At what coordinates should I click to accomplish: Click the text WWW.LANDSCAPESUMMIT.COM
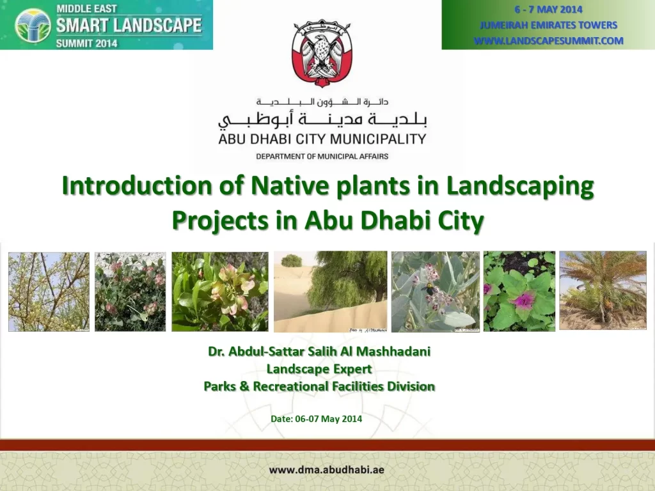tap(548, 41)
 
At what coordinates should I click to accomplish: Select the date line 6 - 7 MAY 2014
tap(548, 9)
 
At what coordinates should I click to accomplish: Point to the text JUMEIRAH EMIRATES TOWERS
tap(548, 25)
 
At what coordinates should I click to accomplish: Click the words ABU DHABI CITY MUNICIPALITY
tap(322, 139)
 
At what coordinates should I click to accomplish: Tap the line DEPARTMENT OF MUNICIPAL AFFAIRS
tap(322, 156)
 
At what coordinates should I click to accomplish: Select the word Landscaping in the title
tap(520, 186)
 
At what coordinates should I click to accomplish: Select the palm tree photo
tap(603, 290)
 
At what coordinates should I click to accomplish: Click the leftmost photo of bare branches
tap(49, 292)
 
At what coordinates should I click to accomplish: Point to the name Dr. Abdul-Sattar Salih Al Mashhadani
tap(319, 351)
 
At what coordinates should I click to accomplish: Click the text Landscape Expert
tap(319, 369)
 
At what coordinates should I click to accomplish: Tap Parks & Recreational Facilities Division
tap(319, 386)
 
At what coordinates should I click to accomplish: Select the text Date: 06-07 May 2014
tap(316, 419)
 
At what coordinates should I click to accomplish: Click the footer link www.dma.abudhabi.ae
tap(326, 470)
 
